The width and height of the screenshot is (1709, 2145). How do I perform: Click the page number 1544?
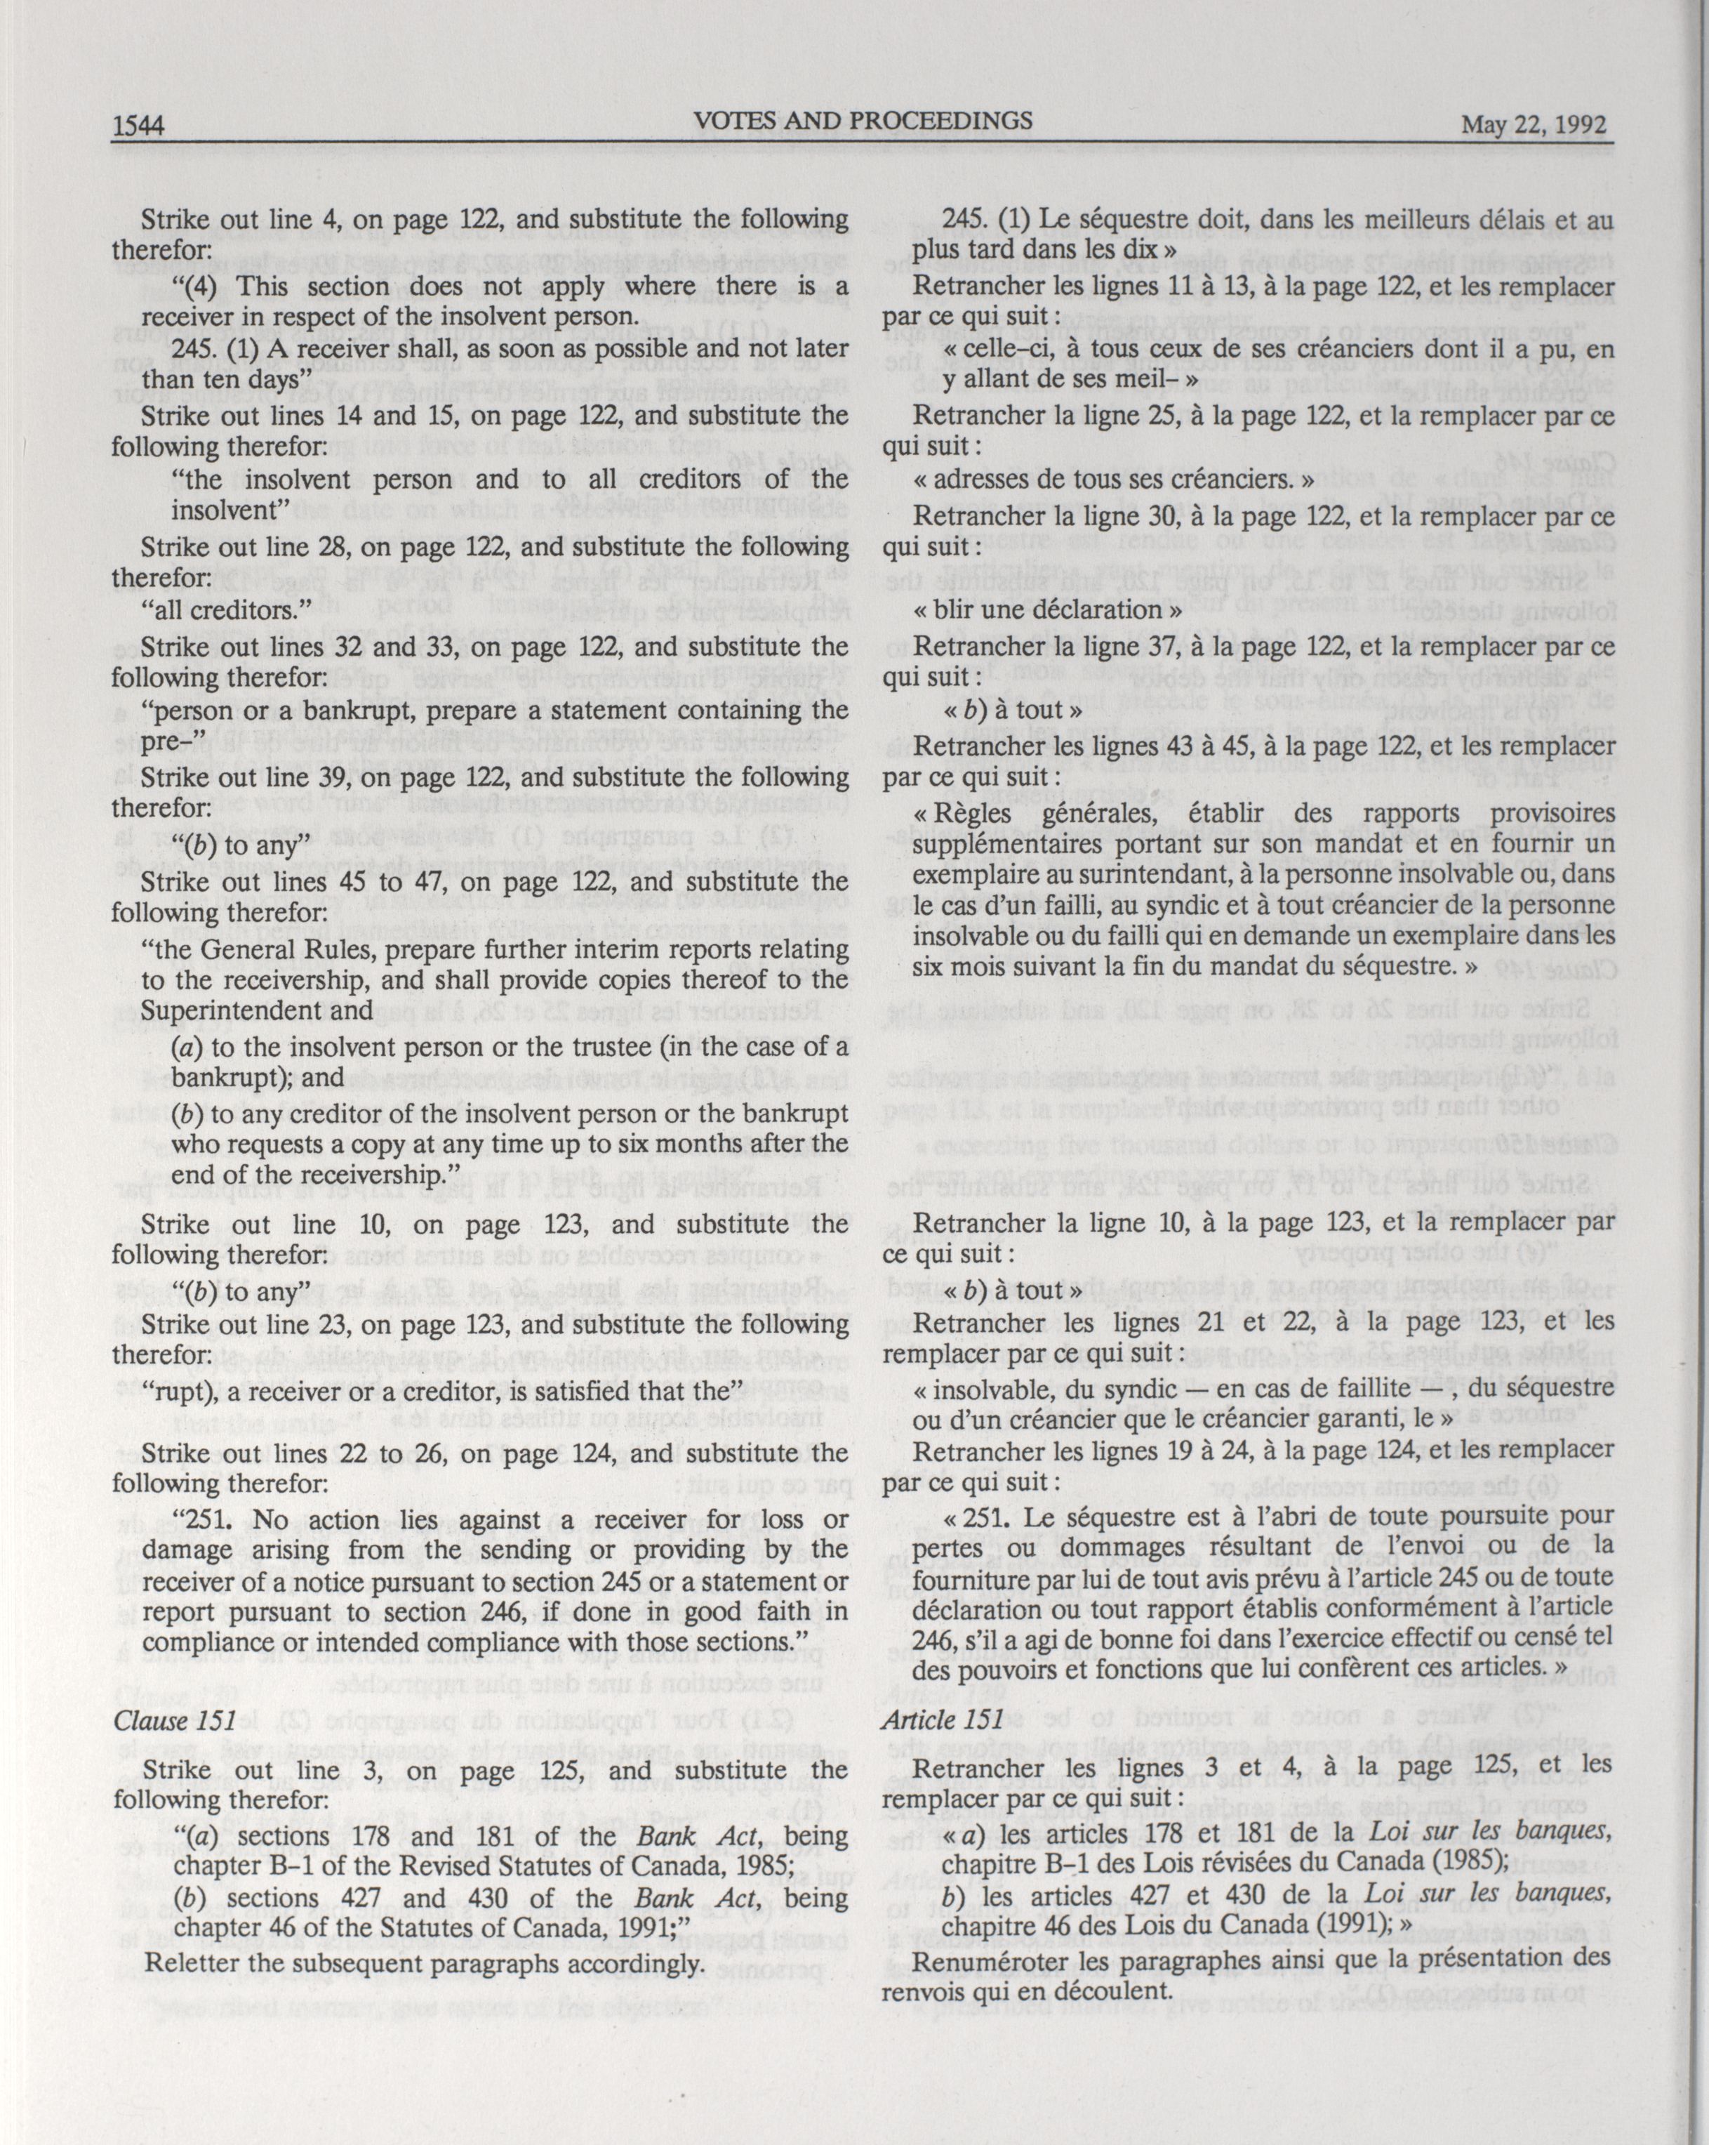point(139,126)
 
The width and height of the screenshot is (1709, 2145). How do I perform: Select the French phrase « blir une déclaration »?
point(1047,609)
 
